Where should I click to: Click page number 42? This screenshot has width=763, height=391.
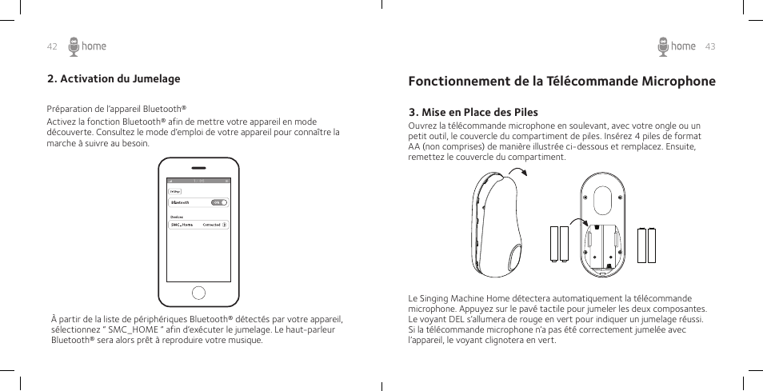click(x=52, y=46)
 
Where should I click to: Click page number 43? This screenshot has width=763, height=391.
click(x=710, y=46)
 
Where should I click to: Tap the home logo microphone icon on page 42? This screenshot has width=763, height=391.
click(x=74, y=46)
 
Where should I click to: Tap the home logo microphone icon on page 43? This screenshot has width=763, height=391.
click(x=663, y=46)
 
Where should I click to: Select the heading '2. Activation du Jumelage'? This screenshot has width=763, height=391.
click(x=114, y=78)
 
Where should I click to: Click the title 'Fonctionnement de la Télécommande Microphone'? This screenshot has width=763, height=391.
click(x=561, y=81)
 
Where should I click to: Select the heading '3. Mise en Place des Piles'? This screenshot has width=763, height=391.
click(x=473, y=112)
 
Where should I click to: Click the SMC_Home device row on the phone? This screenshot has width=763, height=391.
click(x=198, y=225)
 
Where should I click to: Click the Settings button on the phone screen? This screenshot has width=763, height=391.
click(x=175, y=192)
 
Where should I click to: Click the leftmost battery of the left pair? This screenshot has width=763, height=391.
click(x=553, y=245)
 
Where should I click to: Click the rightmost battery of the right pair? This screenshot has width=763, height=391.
click(x=651, y=245)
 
